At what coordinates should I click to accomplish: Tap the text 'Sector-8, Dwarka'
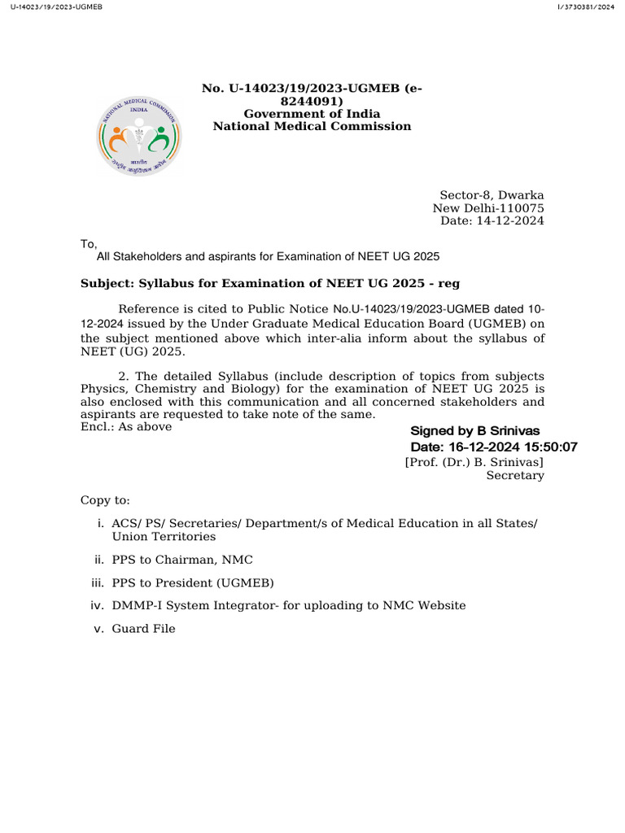coord(492,195)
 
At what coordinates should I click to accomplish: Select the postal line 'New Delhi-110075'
coord(488,208)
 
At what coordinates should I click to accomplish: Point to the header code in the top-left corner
coord(46,7)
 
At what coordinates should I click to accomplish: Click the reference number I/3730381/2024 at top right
coord(586,7)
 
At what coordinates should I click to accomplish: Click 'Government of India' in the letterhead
coord(312,114)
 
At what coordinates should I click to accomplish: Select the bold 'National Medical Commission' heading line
coord(312,126)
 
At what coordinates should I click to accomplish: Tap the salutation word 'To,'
coord(89,244)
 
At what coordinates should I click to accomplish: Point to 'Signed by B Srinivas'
coord(474,431)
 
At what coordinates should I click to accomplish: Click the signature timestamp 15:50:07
coord(549,447)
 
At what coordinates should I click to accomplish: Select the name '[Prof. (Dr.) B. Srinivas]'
coord(474,462)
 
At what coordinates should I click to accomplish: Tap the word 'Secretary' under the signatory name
coord(515,476)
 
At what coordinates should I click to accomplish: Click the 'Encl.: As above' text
coord(126,426)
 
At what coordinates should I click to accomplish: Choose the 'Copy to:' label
coord(105,500)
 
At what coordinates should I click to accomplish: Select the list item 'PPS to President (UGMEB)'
coord(193,582)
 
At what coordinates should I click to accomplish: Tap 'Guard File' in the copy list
coord(143,629)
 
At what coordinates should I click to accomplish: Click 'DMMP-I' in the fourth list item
coord(134,605)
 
